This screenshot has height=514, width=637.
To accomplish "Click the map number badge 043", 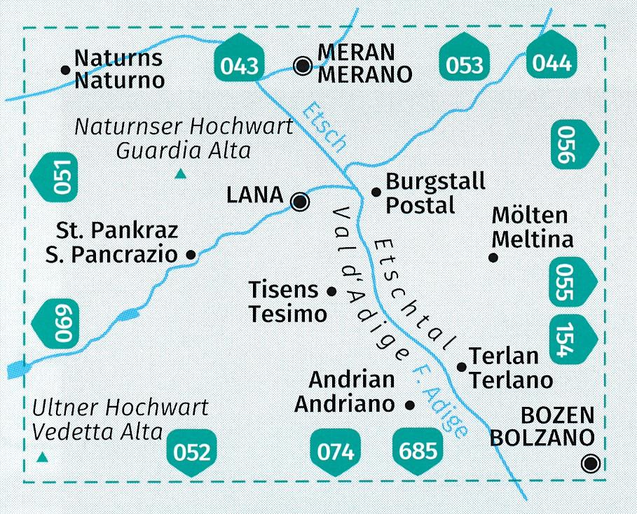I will (238, 64).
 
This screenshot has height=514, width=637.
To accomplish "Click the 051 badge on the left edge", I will (58, 179).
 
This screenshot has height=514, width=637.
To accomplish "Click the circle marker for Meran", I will (303, 67).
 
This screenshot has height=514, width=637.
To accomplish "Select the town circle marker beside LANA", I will (300, 202).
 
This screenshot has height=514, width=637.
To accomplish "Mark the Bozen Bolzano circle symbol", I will (592, 463).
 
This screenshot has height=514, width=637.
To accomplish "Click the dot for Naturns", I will (64, 69).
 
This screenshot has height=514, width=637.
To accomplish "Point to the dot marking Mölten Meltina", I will (493, 258).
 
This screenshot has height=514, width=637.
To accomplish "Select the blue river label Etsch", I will (324, 127).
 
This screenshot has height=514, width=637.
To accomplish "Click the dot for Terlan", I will (461, 366).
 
